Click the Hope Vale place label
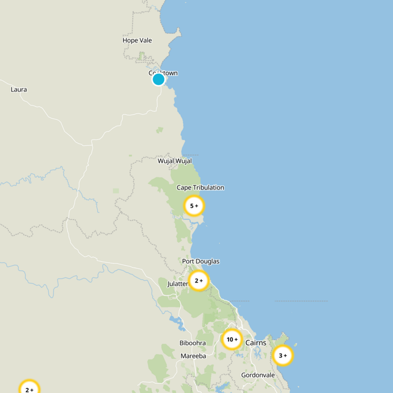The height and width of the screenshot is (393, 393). click(x=137, y=40)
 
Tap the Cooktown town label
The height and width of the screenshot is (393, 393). click(x=164, y=73)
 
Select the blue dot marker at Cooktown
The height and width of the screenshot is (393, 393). click(x=158, y=79)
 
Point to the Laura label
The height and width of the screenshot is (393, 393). click(x=19, y=89)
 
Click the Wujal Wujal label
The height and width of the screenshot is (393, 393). click(x=174, y=161)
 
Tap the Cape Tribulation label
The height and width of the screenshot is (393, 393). click(x=200, y=188)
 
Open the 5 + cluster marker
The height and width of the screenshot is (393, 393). click(x=194, y=206)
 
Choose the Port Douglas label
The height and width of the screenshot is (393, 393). click(x=200, y=261)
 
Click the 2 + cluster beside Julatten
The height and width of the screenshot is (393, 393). click(x=199, y=281)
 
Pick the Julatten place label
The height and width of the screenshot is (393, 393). click(x=177, y=284)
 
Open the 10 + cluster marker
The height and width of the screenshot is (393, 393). click(x=232, y=339)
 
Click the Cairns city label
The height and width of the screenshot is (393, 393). click(x=255, y=342)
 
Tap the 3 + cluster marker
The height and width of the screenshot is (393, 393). click(x=283, y=355)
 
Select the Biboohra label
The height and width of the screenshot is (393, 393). click(x=193, y=343)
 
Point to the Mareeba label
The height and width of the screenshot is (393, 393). click(x=193, y=356)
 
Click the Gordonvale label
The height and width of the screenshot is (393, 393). click(x=258, y=375)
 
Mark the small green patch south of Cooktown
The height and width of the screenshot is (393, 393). click(x=160, y=130)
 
